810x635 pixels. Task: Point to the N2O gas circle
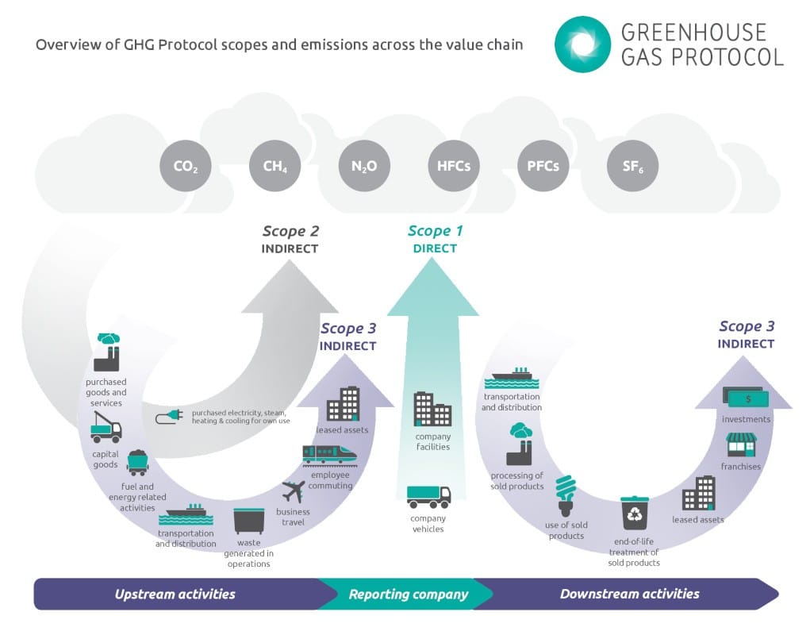point(364,167)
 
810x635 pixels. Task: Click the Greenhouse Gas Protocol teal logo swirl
point(582,44)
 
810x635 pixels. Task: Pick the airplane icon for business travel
point(294,491)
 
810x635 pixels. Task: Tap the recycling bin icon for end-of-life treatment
point(635,514)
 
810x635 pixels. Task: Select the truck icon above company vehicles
point(428,496)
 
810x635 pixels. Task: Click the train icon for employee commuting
point(329,454)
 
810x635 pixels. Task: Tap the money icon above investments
point(745,396)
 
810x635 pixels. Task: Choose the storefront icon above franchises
point(741,444)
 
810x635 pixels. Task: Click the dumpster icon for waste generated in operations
point(248,521)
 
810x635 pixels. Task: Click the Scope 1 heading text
point(435,231)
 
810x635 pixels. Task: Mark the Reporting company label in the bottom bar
point(409,594)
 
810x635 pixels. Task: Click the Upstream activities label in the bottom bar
point(175,594)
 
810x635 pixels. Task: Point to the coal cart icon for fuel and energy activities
point(138,463)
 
